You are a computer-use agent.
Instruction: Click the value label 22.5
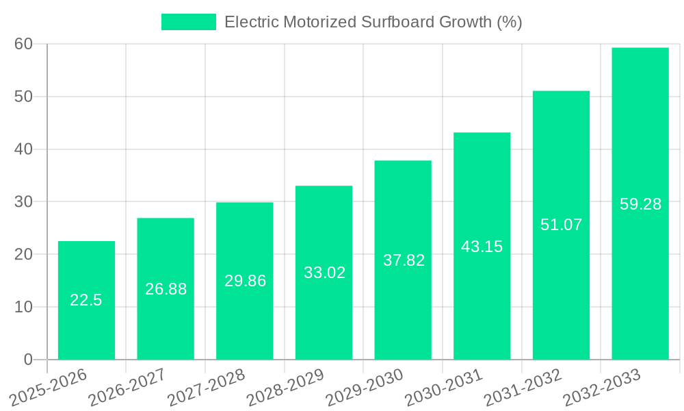coord(86,300)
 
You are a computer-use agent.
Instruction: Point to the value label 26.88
coord(166,289)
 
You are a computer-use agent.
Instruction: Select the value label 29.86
coord(245,281)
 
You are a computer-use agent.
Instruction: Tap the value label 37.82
coord(404,260)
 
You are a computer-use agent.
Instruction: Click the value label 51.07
coord(561,225)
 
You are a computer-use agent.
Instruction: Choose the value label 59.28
coord(640,204)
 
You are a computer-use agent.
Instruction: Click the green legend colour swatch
coord(188,22)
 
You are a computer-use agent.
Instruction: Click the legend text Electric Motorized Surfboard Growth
coord(373,22)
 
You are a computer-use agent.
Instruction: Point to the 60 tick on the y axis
coord(24,44)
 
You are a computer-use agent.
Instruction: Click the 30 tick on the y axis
coord(24,201)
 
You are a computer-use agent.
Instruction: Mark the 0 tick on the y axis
coord(28,360)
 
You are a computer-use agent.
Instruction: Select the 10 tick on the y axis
coord(24,307)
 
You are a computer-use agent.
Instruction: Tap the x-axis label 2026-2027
coord(127,387)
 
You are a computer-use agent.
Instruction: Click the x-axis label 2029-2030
coord(365,387)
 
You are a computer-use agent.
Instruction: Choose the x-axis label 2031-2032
coord(523,387)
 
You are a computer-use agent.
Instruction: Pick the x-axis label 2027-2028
coord(207,387)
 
